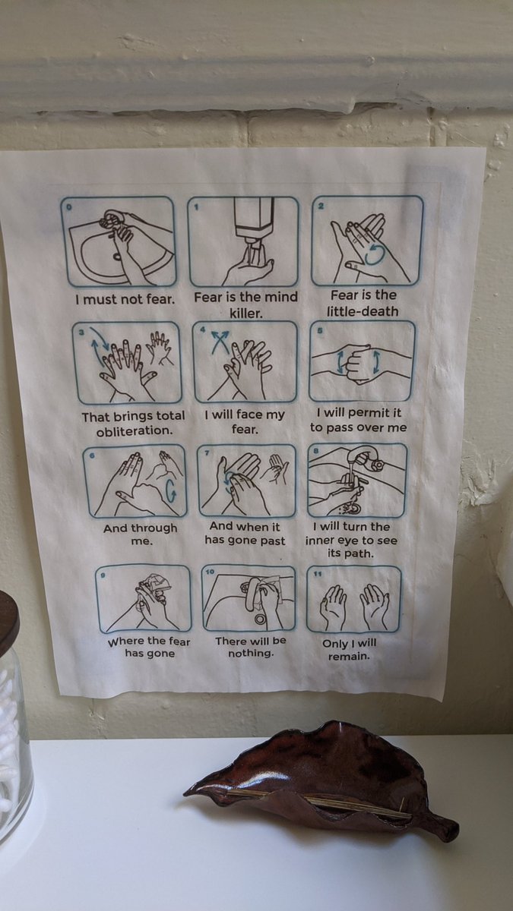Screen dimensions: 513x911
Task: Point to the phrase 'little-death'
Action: (x=363, y=311)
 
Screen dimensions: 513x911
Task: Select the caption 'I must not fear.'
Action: (x=125, y=300)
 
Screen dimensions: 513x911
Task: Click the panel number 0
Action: (x=69, y=207)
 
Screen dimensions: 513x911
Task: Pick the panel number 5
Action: (x=320, y=331)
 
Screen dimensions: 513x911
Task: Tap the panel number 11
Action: (x=317, y=574)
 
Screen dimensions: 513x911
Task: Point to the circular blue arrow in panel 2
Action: (x=375, y=255)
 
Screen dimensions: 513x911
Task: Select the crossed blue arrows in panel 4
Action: (x=220, y=340)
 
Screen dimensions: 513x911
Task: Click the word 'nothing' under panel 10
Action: (x=249, y=654)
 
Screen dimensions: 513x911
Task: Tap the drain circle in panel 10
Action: (x=260, y=619)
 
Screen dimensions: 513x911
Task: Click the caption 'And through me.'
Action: (x=141, y=534)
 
